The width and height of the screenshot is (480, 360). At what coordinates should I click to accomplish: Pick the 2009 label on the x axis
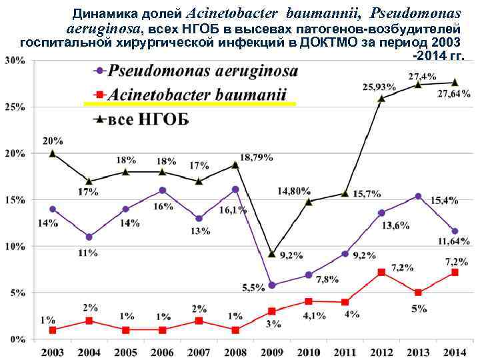[271, 351]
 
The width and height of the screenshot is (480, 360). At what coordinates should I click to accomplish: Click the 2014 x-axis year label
[455, 351]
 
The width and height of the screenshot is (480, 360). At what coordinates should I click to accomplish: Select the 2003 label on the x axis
[53, 351]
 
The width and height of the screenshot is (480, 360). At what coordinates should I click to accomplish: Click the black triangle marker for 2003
[53, 153]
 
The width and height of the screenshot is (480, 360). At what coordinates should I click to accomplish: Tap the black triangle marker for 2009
[271, 253]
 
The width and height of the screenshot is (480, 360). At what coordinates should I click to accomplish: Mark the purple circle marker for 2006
[162, 191]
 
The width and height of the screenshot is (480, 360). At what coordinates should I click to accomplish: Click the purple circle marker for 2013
[418, 196]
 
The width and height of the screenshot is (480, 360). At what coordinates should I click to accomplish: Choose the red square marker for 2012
[381, 272]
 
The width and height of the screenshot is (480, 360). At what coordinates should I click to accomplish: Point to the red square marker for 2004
[89, 321]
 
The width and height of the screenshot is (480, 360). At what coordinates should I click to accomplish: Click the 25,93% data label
[379, 87]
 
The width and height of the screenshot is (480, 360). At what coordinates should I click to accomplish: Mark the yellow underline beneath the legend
[189, 104]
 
